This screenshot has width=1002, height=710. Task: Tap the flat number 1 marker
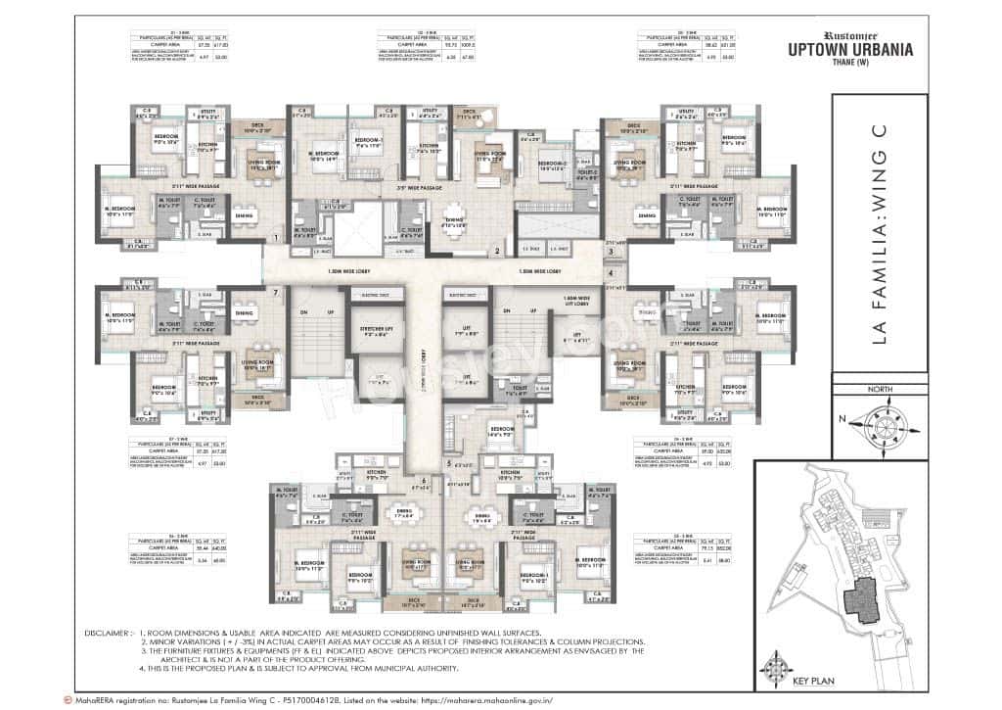pos(278,237)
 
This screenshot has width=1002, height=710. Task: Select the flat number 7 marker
pos(278,292)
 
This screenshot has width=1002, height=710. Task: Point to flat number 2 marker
pos(497,251)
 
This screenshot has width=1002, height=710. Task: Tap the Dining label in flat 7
pos(244,313)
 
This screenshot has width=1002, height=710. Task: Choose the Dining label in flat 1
pos(244,213)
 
